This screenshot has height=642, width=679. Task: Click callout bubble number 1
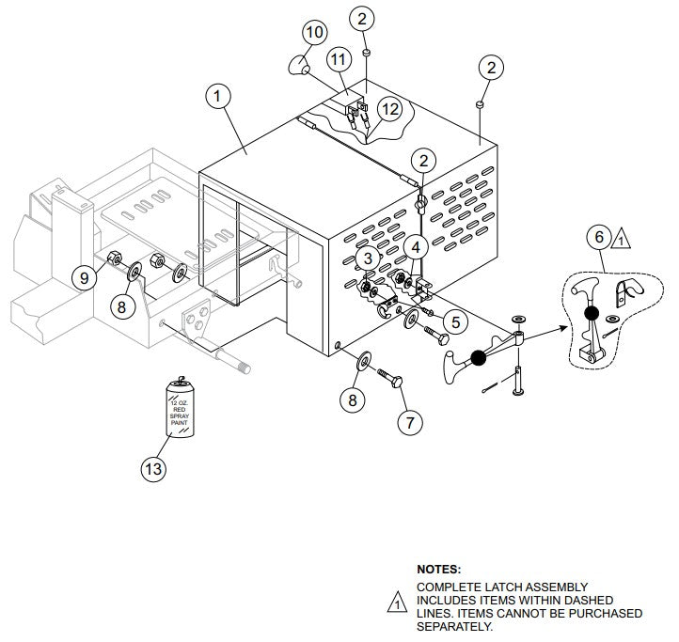(218, 97)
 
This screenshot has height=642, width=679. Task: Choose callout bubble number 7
(408, 422)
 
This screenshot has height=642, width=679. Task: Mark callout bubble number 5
(454, 321)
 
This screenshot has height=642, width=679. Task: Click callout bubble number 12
(389, 109)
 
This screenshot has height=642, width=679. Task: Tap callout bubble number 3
(370, 258)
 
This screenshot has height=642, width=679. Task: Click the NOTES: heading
(438, 569)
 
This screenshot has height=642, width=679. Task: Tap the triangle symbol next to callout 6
(622, 240)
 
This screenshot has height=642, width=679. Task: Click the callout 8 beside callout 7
(353, 399)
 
